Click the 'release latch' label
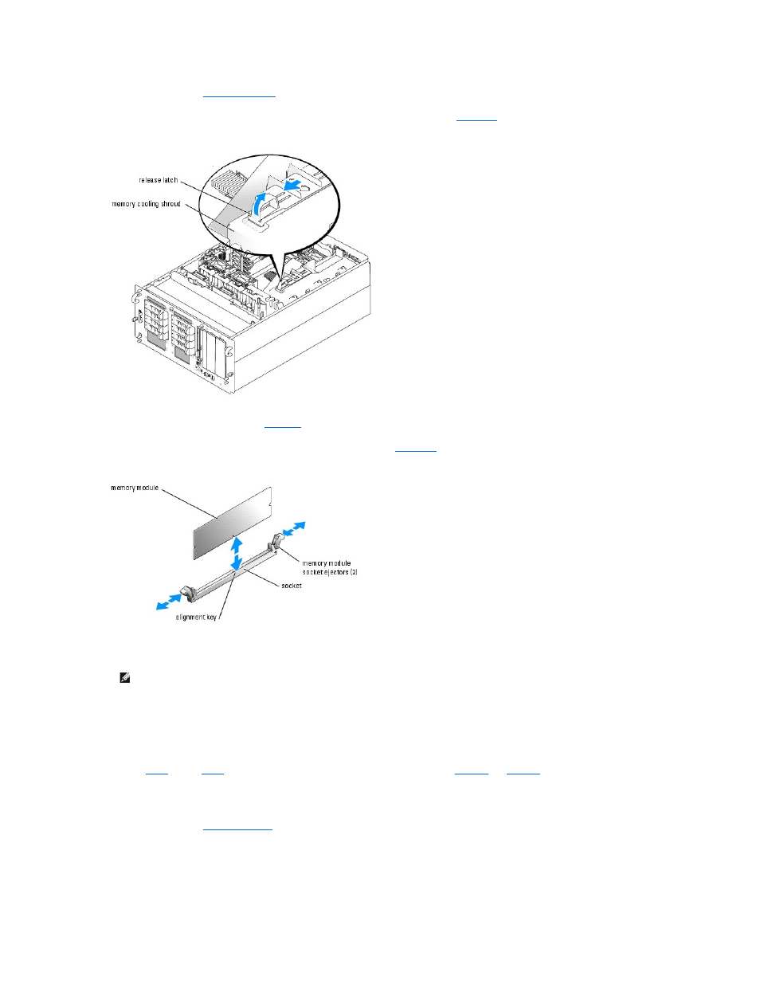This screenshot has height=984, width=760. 158,181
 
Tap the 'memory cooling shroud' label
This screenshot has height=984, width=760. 146,205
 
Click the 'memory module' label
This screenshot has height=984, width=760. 135,488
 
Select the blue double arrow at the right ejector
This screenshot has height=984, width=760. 294,529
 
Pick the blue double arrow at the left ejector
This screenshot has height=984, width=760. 168,602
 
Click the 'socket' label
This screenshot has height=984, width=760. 292,586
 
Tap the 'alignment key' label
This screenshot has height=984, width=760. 196,617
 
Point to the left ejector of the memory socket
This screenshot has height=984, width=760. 187,592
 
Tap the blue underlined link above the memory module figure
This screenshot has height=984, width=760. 416,451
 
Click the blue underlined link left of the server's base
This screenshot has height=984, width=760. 283,427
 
